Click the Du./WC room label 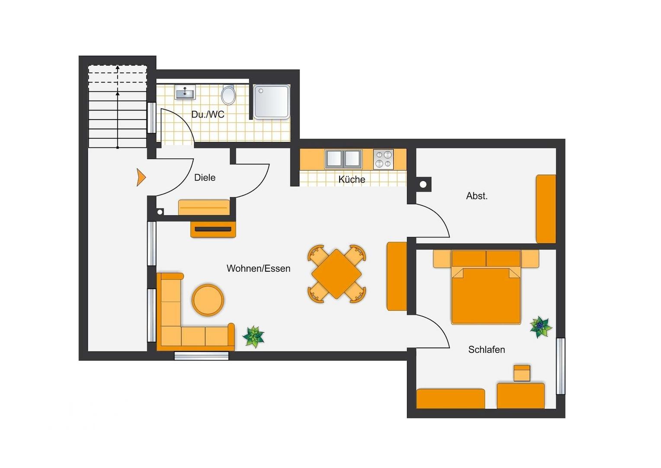tap(208, 114)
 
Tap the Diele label tap(205, 178)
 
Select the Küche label tap(351, 179)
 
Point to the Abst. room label tap(477, 196)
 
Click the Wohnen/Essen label tap(259, 268)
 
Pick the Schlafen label tap(487, 350)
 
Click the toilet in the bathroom tap(228, 94)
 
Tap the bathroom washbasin tap(185, 92)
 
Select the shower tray tap(272, 102)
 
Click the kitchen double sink tap(343, 159)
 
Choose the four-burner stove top tap(383, 159)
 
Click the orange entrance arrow tap(141, 177)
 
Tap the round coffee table tap(208, 300)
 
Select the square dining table tap(337, 274)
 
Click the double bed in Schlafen tap(486, 287)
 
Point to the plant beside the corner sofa tap(253, 336)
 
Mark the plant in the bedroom tap(541, 327)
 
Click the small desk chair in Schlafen tap(522, 373)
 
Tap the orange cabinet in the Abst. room tap(546, 209)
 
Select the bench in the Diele tap(204, 208)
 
